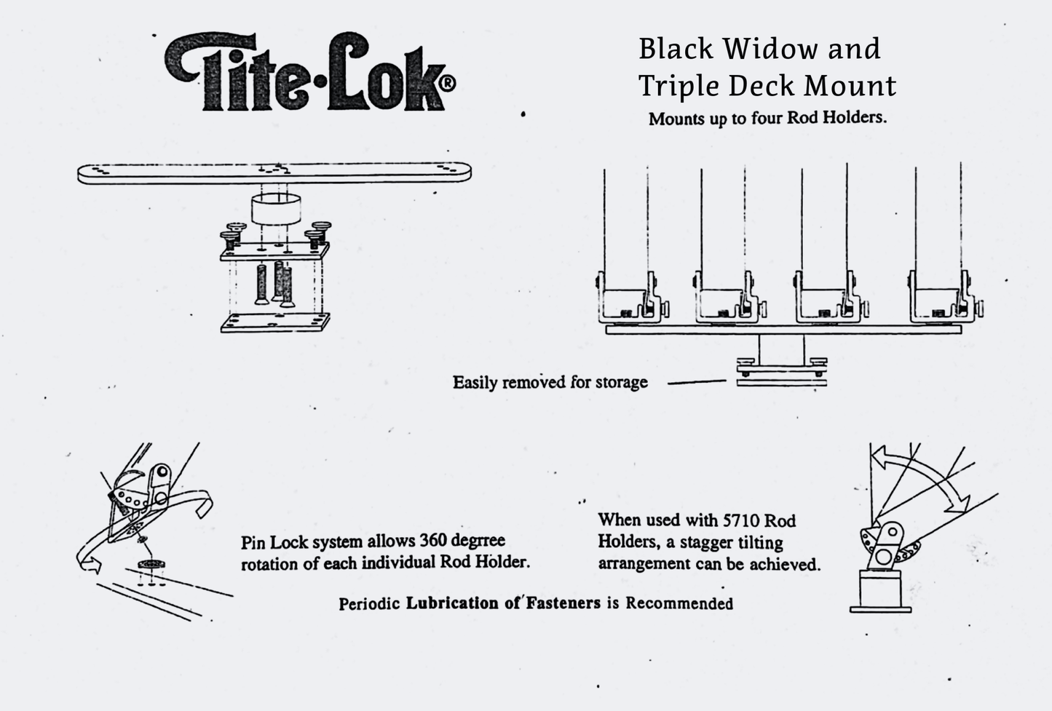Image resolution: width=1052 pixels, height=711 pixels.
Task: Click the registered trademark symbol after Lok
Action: point(448,84)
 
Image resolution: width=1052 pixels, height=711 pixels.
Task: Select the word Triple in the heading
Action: point(679,86)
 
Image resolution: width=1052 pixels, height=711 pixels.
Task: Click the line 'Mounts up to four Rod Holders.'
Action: point(767,118)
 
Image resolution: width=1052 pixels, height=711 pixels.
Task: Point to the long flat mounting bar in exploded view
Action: point(274,173)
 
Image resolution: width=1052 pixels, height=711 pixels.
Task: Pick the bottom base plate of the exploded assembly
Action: point(275,322)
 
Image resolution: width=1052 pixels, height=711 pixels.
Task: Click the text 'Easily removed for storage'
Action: point(550,382)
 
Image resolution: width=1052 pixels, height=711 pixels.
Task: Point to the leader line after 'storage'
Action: point(696,381)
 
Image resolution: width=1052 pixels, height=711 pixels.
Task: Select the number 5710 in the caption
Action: point(742,520)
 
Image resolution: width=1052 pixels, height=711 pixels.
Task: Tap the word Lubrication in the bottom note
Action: point(452,603)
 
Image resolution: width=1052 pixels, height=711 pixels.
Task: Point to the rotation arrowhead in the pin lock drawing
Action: point(86,562)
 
